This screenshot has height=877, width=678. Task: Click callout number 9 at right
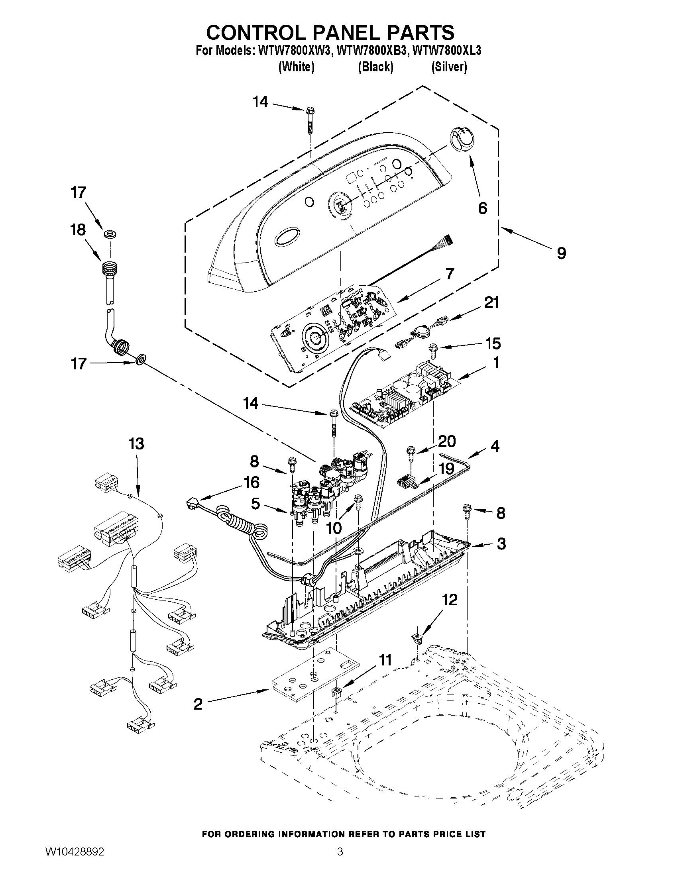[x=561, y=253]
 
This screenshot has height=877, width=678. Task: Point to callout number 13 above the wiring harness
[x=136, y=444]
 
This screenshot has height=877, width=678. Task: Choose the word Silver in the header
[x=449, y=67]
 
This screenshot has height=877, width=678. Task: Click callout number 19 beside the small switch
[x=446, y=469]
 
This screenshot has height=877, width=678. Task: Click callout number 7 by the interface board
[x=449, y=274]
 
